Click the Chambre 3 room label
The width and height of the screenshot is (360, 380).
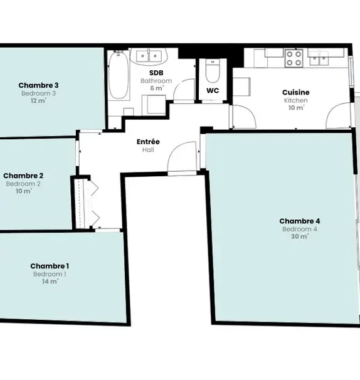[x=38, y=85]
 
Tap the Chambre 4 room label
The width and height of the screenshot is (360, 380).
[x=300, y=221]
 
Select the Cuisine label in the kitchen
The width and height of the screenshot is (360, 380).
[x=296, y=92]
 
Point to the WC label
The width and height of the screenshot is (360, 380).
[x=213, y=91]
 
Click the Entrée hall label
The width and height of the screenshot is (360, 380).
[x=148, y=142]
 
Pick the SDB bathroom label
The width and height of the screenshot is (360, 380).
[x=156, y=73]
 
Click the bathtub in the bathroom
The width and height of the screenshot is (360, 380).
[x=119, y=75]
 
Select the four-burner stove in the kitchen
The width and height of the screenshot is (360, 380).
[x=294, y=58]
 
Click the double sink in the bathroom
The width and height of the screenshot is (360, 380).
[x=149, y=56]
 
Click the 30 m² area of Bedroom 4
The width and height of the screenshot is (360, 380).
[x=300, y=236]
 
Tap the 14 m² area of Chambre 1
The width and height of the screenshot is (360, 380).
[x=50, y=282]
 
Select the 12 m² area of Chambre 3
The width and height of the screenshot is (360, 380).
[x=38, y=100]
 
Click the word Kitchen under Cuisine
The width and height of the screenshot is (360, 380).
[x=296, y=100]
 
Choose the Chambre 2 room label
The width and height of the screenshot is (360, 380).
[x=23, y=176]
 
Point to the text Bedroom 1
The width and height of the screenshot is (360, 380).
[x=50, y=274]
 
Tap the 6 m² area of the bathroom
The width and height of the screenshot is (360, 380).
[x=157, y=88]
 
